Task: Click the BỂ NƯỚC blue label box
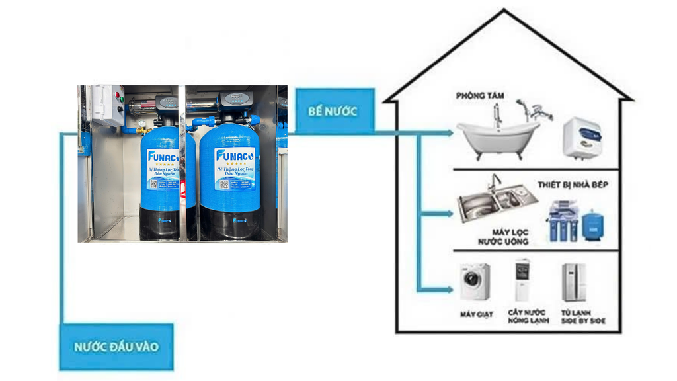pos(333,110)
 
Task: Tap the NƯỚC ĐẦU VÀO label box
pos(116,347)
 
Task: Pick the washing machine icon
pos(475,282)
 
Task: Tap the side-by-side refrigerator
pos(573,282)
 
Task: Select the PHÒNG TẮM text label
pos(480,96)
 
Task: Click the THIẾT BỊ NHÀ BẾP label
pos(573,185)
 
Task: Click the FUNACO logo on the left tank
pos(161,157)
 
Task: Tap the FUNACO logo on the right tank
pos(231,155)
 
